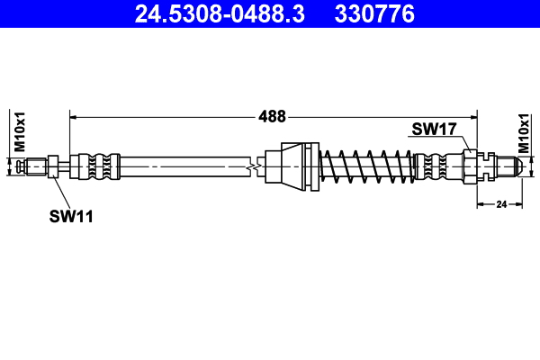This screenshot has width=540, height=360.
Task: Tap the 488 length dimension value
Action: click(272, 116)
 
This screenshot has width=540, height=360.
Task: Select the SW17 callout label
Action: click(434, 130)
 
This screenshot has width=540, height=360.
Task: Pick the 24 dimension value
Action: click(502, 205)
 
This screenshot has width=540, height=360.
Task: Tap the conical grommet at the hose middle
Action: click(292, 166)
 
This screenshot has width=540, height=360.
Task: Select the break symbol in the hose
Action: click(257, 166)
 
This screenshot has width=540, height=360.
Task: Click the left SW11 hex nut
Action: click(53, 166)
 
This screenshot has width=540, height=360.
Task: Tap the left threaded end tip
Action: click(34, 166)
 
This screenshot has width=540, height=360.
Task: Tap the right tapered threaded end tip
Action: click(509, 166)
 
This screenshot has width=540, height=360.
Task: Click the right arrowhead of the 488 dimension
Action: click(473, 116)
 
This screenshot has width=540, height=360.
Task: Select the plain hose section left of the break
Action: click(180, 166)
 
